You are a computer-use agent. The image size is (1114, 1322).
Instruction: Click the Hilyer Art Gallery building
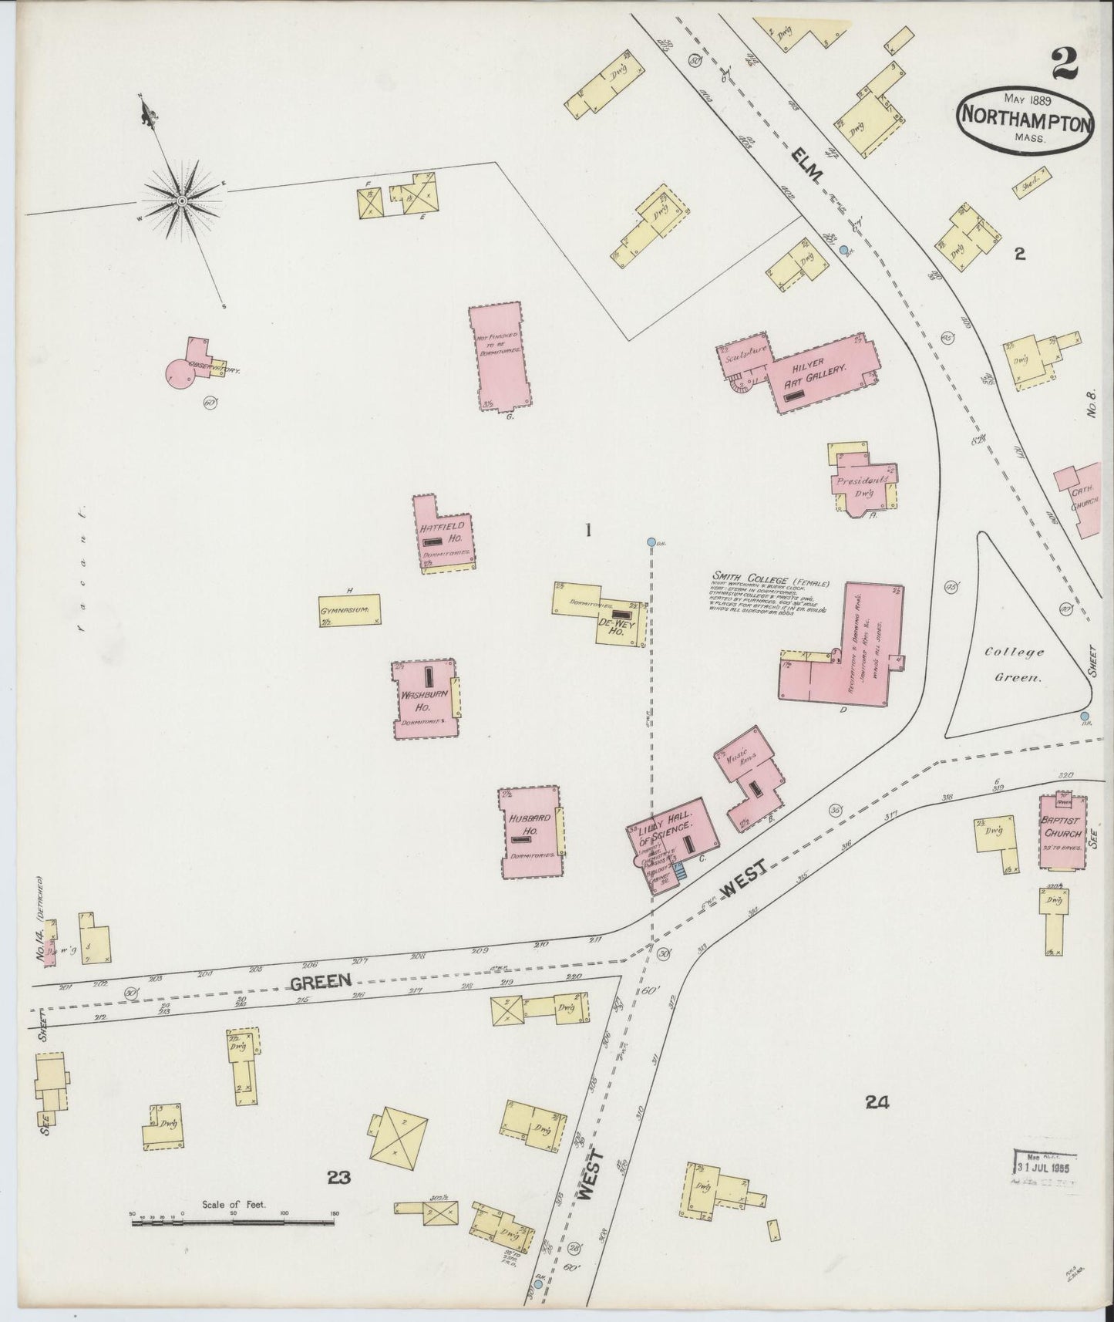(817, 370)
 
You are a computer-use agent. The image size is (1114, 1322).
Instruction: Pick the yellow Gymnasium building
(351, 609)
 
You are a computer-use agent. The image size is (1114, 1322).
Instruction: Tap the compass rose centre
(181, 201)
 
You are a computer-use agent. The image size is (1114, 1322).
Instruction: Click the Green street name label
(321, 980)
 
